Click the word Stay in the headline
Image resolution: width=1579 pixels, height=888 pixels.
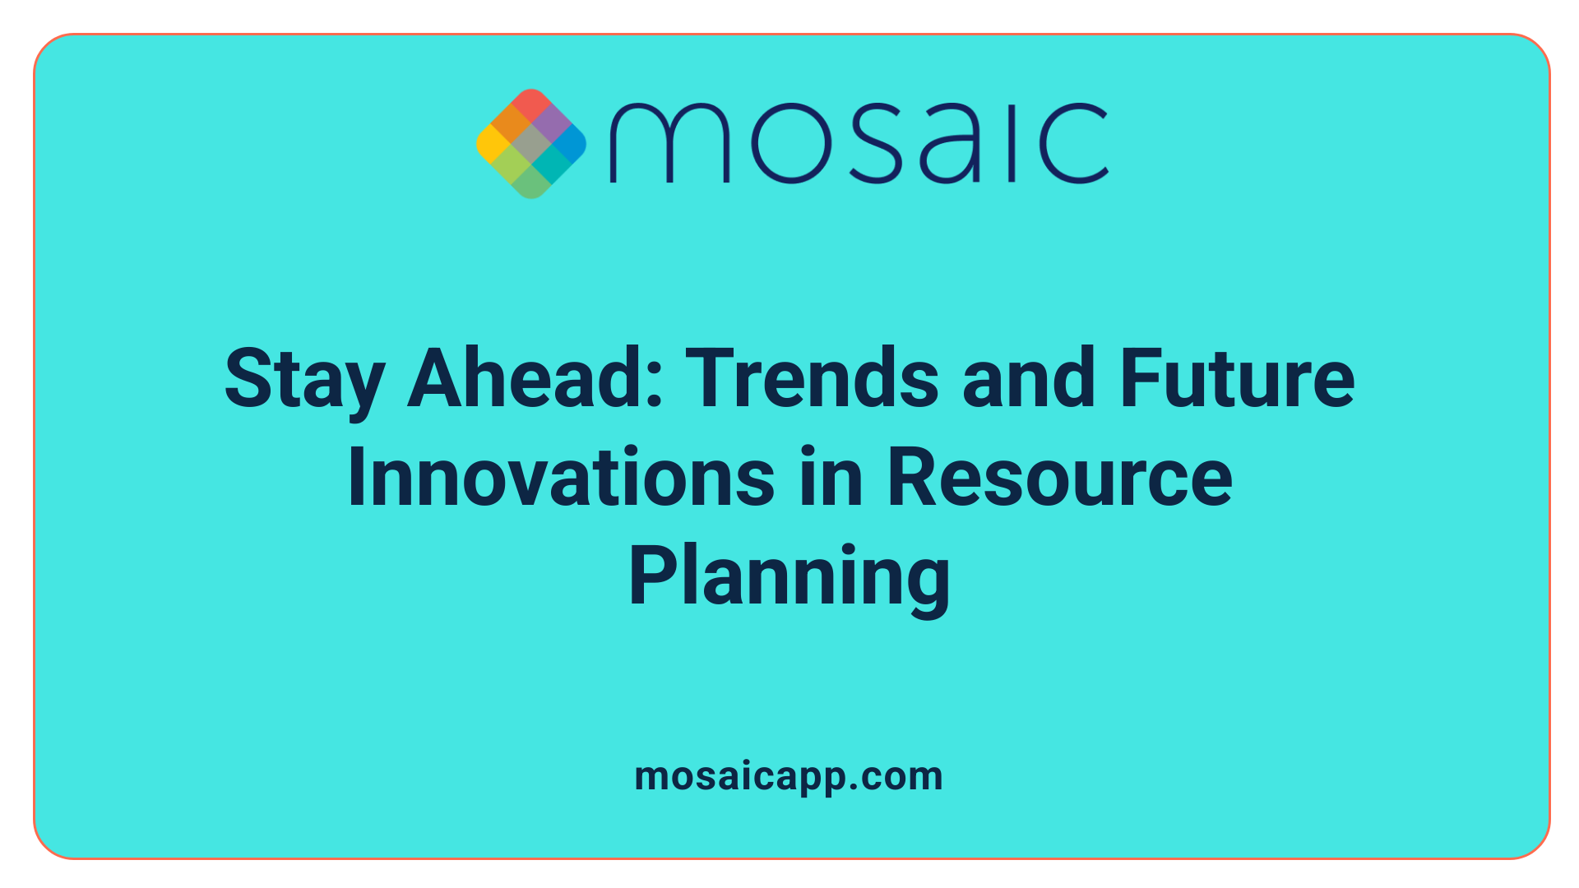304,380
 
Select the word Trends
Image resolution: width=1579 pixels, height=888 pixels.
812,378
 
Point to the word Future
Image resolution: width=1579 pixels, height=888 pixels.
1237,378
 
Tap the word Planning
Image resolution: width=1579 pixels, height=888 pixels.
789,577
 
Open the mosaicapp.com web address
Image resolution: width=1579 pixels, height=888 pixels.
789,776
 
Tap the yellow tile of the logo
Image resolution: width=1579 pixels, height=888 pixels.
492,144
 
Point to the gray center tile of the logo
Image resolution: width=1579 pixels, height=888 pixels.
531,144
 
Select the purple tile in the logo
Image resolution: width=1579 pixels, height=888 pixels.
551,124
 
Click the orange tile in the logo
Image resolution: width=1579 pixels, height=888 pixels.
512,124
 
